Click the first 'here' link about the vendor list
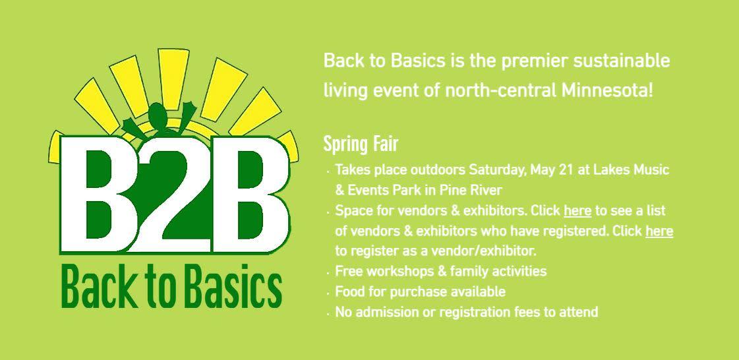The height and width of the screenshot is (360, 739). click(577, 210)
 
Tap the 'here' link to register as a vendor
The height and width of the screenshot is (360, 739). click(659, 231)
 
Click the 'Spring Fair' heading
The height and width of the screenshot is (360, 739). click(361, 144)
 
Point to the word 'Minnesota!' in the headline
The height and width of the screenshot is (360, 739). click(607, 90)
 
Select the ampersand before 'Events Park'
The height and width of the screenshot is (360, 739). click(340, 191)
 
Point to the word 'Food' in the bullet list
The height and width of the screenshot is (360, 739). click(349, 291)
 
